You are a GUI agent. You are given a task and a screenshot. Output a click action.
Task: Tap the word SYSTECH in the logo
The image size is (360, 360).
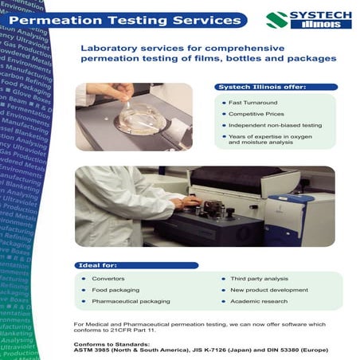point(318,14)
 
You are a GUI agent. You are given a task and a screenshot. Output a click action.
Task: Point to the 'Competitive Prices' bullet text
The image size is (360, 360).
point(259,115)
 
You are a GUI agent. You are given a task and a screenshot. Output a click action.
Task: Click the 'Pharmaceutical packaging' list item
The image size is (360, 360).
point(131,301)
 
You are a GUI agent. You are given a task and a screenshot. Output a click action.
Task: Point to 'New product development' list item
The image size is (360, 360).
point(267,290)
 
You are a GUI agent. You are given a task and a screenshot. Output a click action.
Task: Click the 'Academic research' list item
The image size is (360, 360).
point(256,301)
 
